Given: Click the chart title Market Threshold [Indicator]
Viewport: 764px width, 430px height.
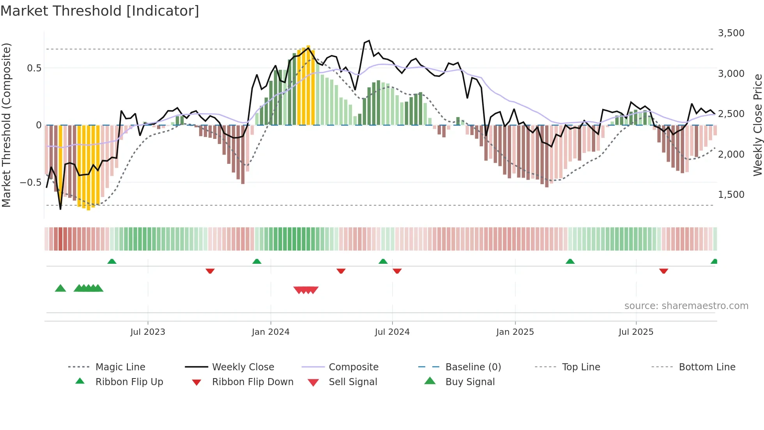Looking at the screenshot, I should tap(100, 11).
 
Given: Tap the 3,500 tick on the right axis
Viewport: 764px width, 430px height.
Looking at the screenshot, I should tap(731, 33).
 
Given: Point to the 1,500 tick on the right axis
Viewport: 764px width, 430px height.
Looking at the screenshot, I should tap(731, 195).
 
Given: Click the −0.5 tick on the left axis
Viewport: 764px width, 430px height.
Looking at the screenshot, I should tap(31, 183).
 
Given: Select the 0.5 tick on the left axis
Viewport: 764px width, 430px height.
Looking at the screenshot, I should tap(34, 68).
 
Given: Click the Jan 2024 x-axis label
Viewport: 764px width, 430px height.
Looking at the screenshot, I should tap(271, 332).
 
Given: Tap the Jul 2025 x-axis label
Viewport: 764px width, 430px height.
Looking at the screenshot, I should tap(636, 332).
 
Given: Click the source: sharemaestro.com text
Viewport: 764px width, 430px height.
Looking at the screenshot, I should tap(686, 306).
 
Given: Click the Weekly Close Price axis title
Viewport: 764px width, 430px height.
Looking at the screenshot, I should tap(757, 125).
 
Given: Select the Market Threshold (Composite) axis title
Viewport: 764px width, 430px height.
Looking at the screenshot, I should tap(6, 125).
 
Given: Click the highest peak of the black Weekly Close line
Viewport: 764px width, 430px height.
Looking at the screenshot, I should tap(369, 41).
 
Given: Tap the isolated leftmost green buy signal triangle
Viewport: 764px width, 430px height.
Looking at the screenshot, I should tap(60, 288).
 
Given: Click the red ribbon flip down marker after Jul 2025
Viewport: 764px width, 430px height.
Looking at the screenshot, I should tap(663, 271).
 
